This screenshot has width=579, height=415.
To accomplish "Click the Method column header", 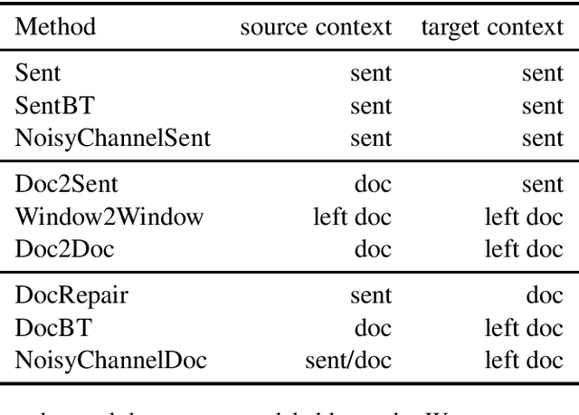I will coord(55,26).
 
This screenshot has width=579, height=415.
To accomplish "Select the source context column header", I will coord(315,26).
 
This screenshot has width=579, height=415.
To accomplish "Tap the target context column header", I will coord(491,26).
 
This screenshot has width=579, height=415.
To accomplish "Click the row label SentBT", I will coord(52,106).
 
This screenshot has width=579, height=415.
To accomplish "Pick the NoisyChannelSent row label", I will coord(112,138).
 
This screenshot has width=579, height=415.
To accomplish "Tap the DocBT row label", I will coord(49,328).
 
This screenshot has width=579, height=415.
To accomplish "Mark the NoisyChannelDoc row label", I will coord(110,360).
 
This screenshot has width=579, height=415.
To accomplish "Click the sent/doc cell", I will coord(348,360).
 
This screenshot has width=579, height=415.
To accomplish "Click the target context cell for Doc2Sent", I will coord(542,185).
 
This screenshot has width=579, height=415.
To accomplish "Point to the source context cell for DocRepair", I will coord(371,296).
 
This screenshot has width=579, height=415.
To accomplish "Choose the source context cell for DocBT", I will coord(374,328).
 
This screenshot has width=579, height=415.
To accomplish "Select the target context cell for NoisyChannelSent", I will coord(542,138).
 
